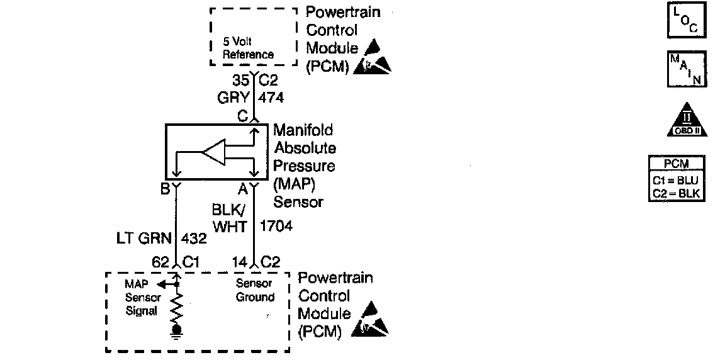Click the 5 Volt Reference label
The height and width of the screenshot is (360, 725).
coord(249,48)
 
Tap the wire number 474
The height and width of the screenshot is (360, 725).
coord(271,98)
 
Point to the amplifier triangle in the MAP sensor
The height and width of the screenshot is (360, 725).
coord(213,152)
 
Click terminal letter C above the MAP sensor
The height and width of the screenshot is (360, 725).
coord(242,116)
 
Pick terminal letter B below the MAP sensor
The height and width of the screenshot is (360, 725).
coord(166,188)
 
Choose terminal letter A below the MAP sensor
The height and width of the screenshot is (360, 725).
coord(242,188)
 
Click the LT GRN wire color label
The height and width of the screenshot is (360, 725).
coord(144,239)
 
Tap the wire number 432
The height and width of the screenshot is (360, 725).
coord(194,239)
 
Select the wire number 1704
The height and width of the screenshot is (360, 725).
coord(276,227)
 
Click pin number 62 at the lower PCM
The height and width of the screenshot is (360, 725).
coord(161,262)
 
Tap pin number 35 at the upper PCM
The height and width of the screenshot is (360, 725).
coord(240,80)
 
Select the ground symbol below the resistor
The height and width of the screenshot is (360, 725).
coord(177,332)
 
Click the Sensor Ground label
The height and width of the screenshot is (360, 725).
coord(255,290)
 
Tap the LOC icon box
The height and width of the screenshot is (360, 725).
coord(686,20)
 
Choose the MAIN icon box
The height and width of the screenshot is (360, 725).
coord(686,69)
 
